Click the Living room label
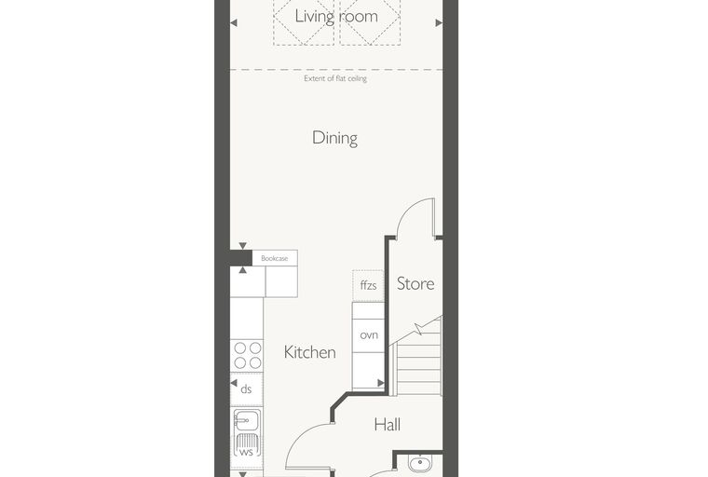(x=336, y=17)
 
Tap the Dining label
(x=335, y=138)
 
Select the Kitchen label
(x=309, y=352)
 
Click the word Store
(x=415, y=283)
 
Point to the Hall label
(x=387, y=425)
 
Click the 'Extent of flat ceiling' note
(x=335, y=78)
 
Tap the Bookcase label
(x=275, y=258)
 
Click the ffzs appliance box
(x=369, y=286)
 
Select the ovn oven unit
(x=369, y=335)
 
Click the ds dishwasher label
(x=246, y=388)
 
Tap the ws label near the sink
(x=246, y=452)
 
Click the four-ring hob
(x=247, y=356)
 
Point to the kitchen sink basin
(x=247, y=421)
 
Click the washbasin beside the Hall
(x=420, y=463)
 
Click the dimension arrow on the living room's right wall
(x=439, y=22)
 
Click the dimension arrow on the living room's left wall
(x=234, y=22)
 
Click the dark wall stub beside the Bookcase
(x=240, y=258)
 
